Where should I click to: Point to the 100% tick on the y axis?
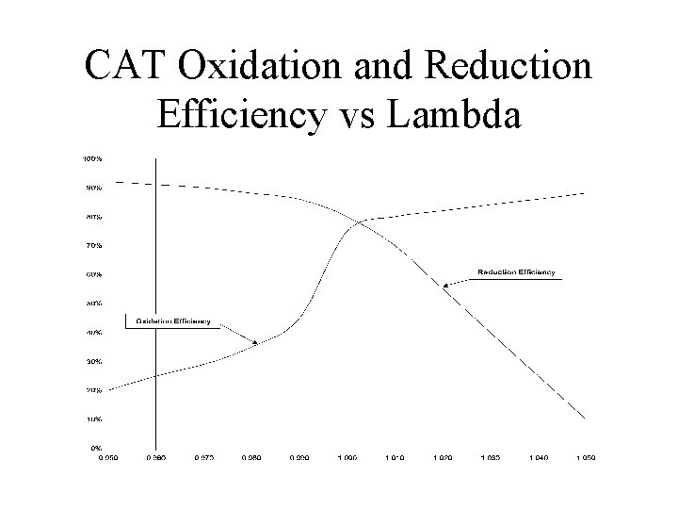(93, 158)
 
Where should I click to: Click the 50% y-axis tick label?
(95, 304)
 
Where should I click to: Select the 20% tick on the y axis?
(95, 390)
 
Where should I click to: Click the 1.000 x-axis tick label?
(347, 457)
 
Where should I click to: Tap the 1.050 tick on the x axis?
(586, 457)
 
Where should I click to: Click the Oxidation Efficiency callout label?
(173, 320)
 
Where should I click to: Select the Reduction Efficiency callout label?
(515, 272)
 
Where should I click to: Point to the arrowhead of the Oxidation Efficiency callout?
(259, 344)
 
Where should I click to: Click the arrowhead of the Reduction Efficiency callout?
(443, 283)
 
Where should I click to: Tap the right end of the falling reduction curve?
(586, 418)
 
